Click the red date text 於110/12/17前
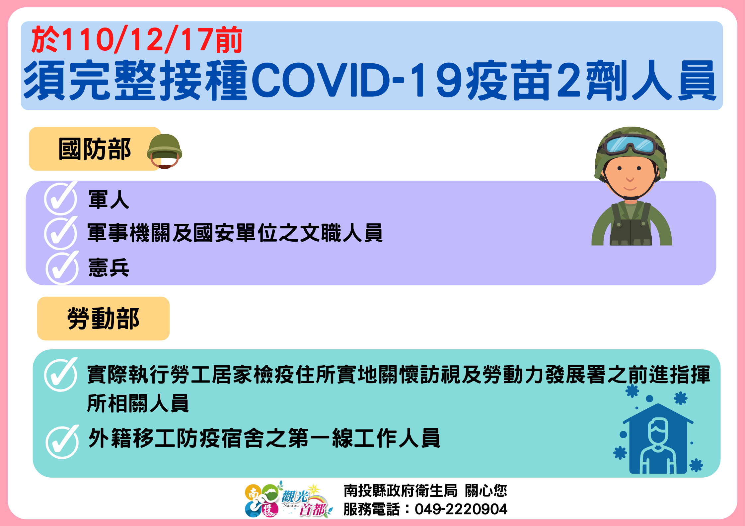137,40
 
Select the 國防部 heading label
95,149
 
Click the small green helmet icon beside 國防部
165,151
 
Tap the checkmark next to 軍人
61,198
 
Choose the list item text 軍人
109,200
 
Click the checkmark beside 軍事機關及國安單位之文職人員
61,233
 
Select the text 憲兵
109,267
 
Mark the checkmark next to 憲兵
62,268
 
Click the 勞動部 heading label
103,319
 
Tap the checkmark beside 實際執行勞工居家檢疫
61,375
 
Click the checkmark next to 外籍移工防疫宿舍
62,442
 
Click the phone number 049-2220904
461,509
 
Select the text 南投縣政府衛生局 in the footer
401,491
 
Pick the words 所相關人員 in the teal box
138,403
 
